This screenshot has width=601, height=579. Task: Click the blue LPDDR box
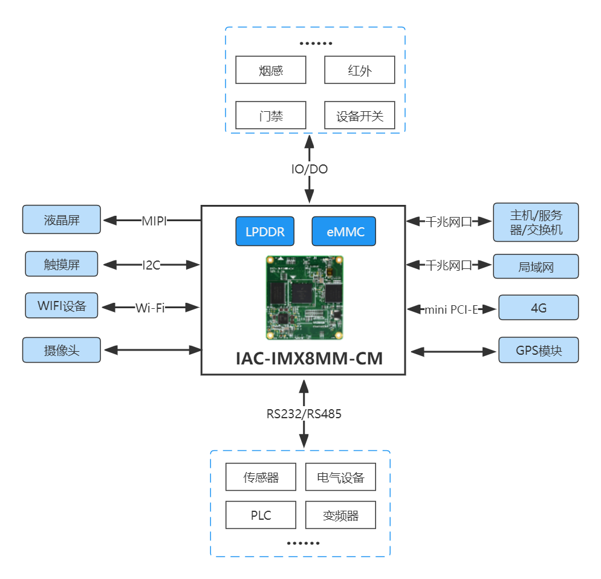[x=265, y=231]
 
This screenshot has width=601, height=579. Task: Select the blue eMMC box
[x=343, y=231]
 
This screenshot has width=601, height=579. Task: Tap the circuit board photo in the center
[x=304, y=297]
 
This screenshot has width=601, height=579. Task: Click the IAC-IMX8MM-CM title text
[x=309, y=358]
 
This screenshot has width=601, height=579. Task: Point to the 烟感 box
[x=270, y=70]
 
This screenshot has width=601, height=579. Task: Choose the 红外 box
[x=360, y=70]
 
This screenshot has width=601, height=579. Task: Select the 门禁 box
[x=270, y=115]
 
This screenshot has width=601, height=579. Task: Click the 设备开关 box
[x=360, y=115]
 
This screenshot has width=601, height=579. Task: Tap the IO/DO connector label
[x=309, y=169]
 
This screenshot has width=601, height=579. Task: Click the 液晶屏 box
[x=62, y=219]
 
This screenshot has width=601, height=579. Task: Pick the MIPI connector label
[x=154, y=220]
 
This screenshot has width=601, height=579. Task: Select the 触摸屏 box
[x=62, y=264]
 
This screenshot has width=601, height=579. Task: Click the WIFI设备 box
[x=62, y=305]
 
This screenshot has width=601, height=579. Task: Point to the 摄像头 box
[x=62, y=350]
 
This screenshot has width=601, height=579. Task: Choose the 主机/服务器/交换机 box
[x=536, y=222]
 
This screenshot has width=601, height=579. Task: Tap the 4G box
[x=538, y=308]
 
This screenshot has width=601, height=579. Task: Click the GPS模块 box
[x=538, y=350]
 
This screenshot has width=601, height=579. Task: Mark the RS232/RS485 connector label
[x=304, y=414]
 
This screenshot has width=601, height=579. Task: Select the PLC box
[x=261, y=516]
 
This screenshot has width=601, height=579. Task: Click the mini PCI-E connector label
[x=451, y=309]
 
